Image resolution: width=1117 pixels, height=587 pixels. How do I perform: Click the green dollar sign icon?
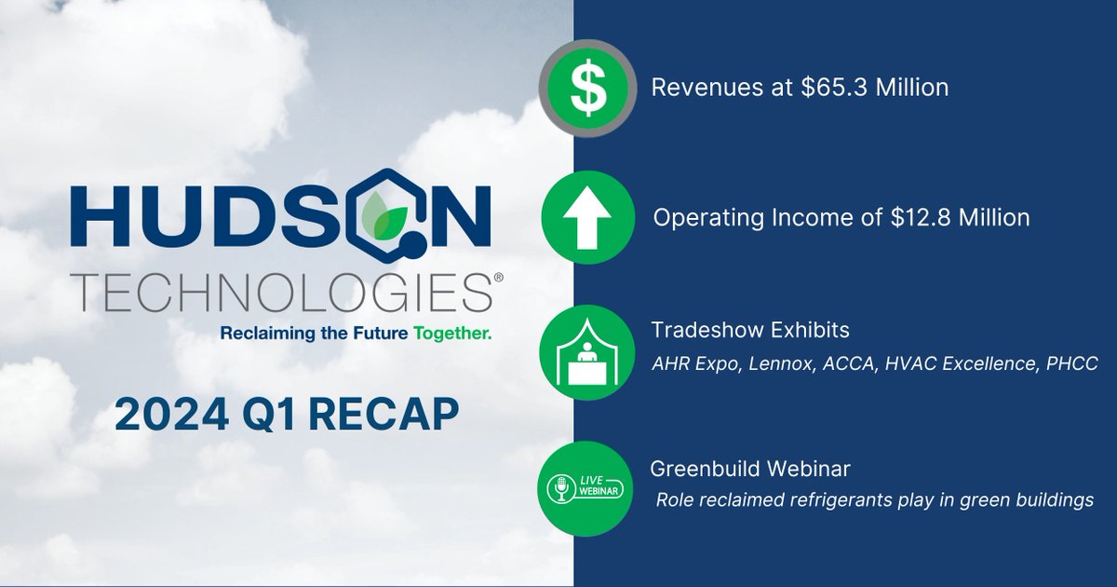pos(587,88)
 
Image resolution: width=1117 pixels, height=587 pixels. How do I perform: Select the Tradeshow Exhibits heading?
pos(750,331)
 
